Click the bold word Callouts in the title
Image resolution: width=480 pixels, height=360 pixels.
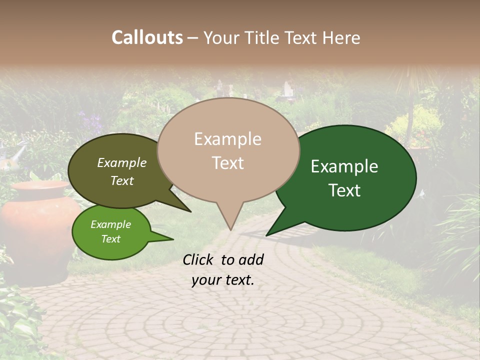point(147,37)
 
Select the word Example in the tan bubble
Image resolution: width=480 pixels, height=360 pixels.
point(227,139)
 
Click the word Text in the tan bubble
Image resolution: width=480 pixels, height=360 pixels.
point(227,163)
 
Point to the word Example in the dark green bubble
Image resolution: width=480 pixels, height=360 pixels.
point(344,166)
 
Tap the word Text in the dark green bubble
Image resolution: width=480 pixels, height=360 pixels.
point(344,190)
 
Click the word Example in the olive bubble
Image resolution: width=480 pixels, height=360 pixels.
point(121,163)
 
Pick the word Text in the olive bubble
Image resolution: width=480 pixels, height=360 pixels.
point(121,180)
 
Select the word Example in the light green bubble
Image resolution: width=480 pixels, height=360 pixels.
point(110,224)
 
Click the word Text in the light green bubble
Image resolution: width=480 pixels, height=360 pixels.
point(110,239)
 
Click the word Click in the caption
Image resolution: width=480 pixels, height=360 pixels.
point(199,259)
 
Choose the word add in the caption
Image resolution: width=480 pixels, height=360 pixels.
point(250,259)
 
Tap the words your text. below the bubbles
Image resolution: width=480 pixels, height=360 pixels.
point(222,280)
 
